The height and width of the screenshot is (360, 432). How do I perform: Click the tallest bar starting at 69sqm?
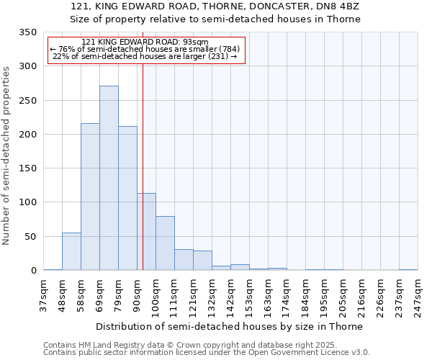point(109,178)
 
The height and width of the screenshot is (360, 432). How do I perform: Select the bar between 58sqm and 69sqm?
point(90,197)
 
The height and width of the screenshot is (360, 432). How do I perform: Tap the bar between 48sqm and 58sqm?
point(71,251)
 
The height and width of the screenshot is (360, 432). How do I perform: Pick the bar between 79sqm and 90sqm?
point(127,198)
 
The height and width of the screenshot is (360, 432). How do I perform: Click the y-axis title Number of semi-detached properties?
point(6,155)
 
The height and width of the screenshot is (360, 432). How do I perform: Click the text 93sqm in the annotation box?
point(194,42)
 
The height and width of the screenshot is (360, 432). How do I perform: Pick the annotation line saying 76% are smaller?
point(145,49)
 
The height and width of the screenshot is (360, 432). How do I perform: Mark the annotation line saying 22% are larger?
point(145,56)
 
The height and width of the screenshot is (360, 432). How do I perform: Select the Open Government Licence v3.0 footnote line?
point(206,352)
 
